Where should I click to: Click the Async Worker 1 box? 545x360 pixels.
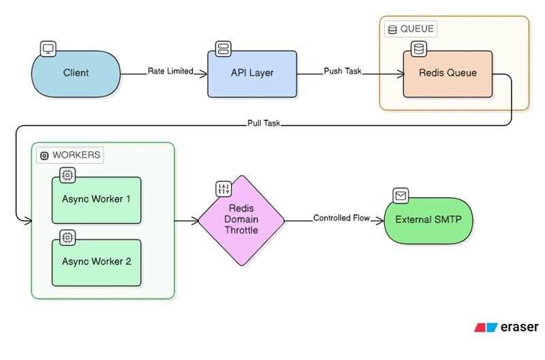tap(96, 200)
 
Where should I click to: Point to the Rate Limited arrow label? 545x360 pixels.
tap(170, 70)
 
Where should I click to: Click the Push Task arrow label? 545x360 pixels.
tap(343, 70)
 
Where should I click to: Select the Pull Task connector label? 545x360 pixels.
tap(264, 124)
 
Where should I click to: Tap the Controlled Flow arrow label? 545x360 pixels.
tap(341, 218)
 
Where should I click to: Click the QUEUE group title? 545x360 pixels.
tap(410, 29)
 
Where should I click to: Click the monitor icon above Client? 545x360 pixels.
tap(49, 48)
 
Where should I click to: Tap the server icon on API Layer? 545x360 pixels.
tap(223, 48)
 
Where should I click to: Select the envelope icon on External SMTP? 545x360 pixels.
tap(401, 196)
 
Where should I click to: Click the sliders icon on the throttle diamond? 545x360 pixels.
tap(224, 189)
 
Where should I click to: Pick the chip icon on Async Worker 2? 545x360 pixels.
tap(67, 237)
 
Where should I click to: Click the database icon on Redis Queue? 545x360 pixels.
tap(418, 48)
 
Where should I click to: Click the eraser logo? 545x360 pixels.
tap(507, 327)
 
